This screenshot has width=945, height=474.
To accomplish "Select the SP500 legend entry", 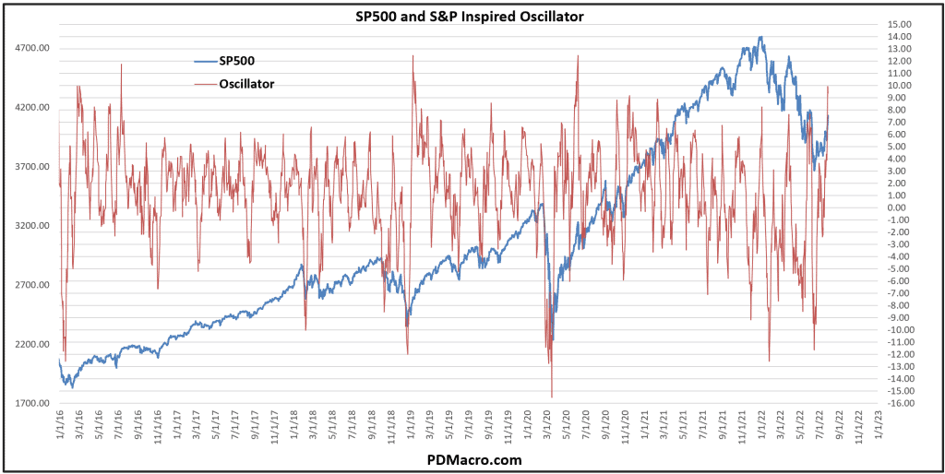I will [x=236, y=61].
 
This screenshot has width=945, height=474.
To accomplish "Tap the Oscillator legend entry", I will [x=246, y=84].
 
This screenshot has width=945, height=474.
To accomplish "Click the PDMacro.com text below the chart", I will [x=472, y=459].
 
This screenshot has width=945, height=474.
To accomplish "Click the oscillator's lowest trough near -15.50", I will [x=552, y=397].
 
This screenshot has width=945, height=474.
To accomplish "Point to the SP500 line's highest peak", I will [x=760, y=38].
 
